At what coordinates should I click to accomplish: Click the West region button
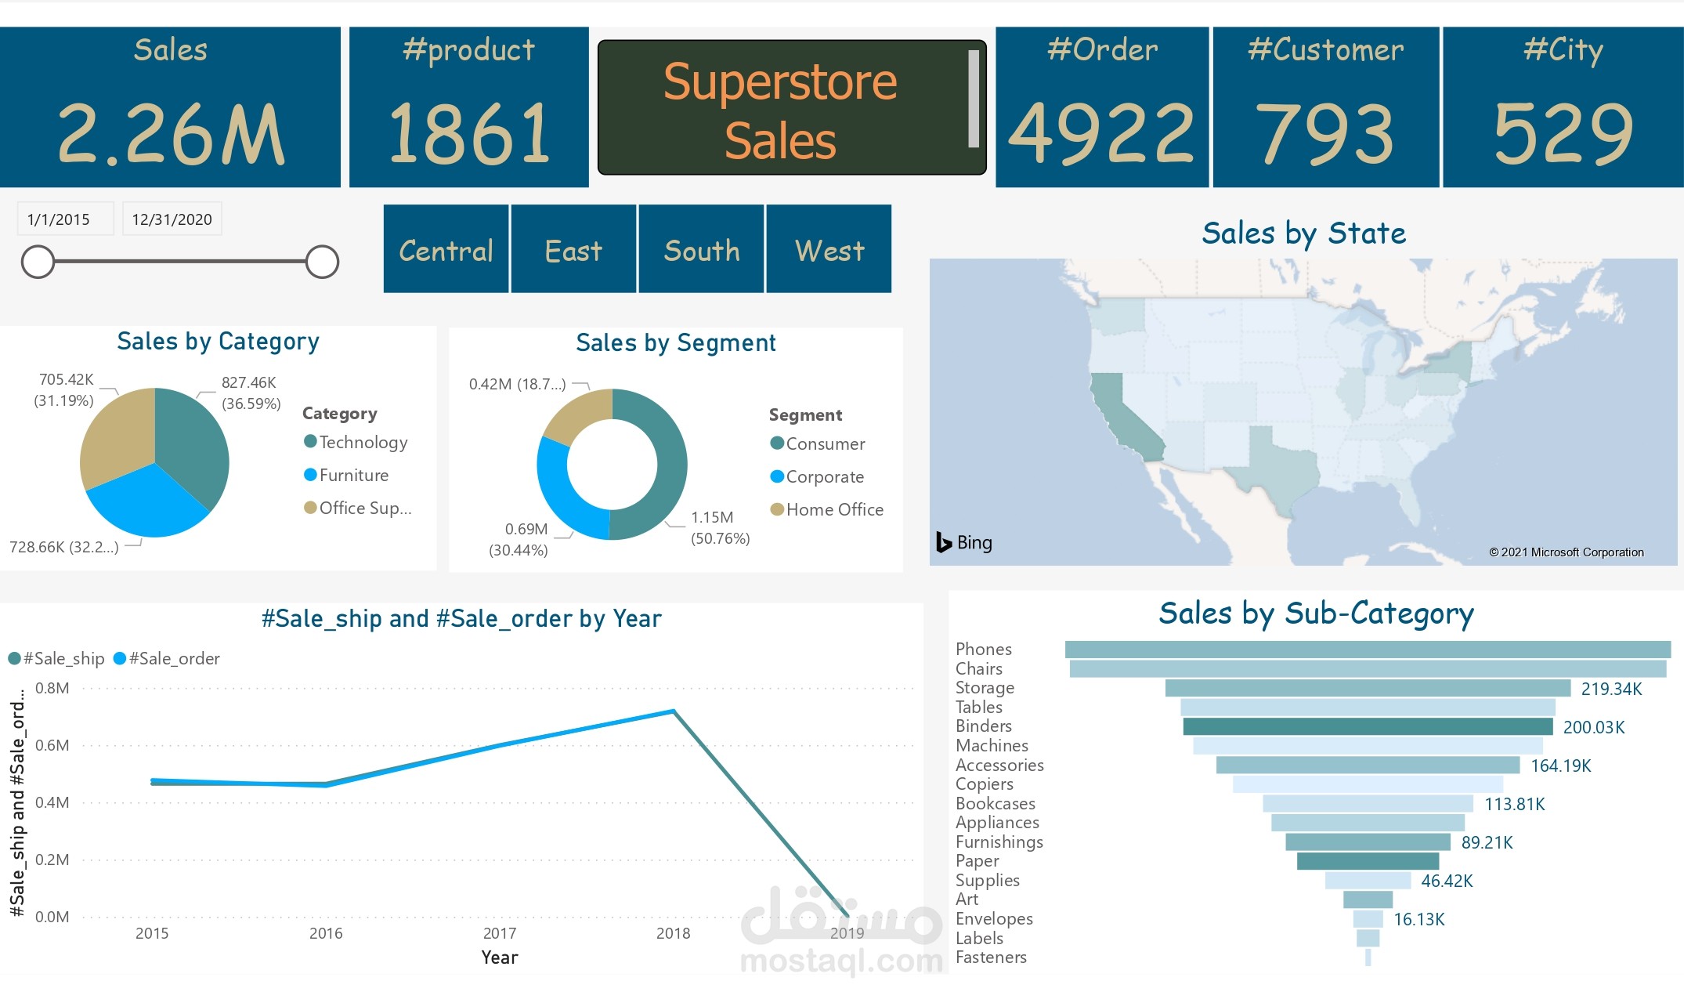[x=829, y=250]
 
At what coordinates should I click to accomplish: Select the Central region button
[x=446, y=250]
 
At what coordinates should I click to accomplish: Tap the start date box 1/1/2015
[x=60, y=219]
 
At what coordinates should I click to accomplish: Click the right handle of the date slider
[x=321, y=262]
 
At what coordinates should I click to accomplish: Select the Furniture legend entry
[x=353, y=475]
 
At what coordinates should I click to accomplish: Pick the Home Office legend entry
[x=834, y=509]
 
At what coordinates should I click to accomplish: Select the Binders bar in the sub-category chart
[x=1367, y=726]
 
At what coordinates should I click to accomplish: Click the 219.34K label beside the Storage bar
[x=1610, y=689]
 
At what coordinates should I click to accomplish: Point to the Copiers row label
[x=984, y=784]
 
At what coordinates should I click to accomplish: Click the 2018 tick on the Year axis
[x=673, y=933]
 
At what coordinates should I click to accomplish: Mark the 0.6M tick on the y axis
[x=52, y=745]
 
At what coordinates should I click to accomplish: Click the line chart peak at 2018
[x=674, y=711]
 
